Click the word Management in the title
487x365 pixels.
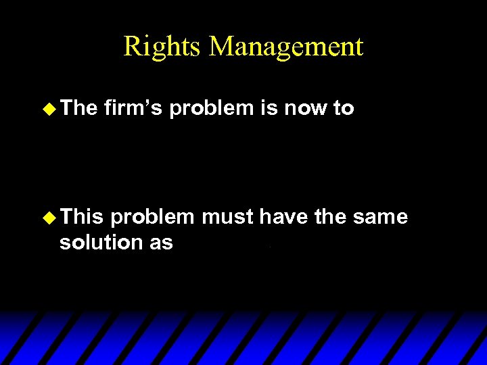[286, 47]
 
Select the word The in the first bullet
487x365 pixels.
[79, 108]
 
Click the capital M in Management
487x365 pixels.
[223, 47]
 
